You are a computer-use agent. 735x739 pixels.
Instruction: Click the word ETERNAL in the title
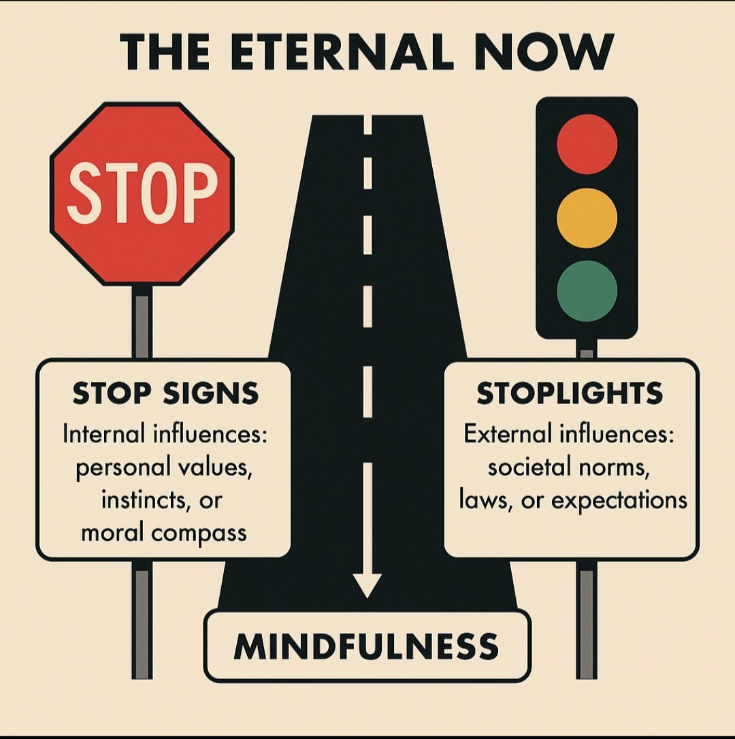342,51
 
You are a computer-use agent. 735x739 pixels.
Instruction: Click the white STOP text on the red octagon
142,193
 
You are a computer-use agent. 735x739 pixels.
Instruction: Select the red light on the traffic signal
587,144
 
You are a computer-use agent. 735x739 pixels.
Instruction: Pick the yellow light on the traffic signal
587,218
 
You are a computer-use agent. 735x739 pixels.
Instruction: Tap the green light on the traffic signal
587,291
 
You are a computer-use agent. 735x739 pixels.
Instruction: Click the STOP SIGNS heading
165,393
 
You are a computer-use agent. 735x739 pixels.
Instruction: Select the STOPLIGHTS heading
570,393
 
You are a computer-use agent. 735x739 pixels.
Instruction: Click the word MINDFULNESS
366,646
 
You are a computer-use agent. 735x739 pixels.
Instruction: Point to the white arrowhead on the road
367,585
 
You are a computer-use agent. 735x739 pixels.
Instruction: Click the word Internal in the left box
105,433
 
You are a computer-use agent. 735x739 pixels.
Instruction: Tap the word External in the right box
507,433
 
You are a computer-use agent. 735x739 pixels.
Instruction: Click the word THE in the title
165,51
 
